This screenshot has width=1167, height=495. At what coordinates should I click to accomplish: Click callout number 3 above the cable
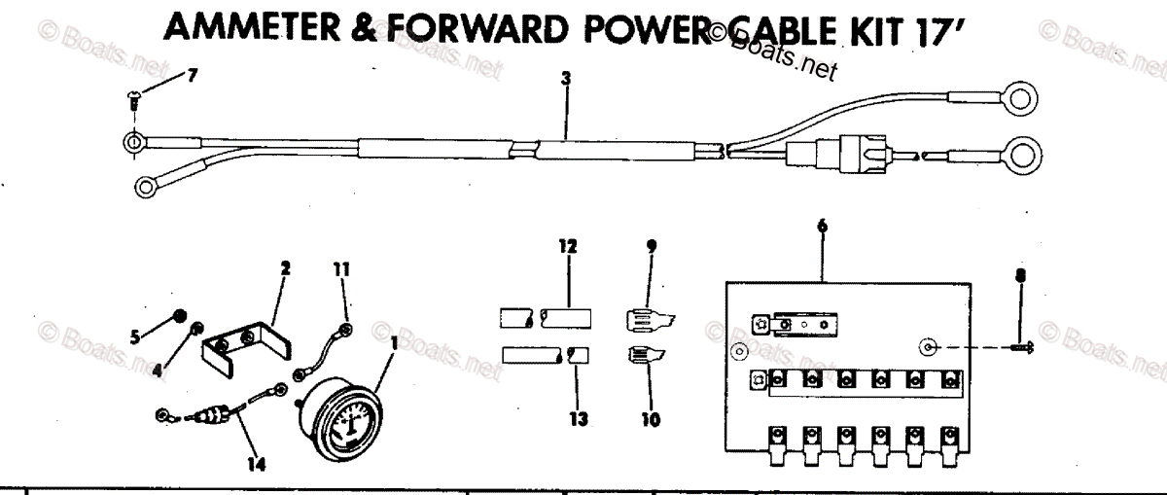click(565, 81)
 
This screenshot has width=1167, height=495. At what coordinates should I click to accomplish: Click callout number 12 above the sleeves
click(567, 247)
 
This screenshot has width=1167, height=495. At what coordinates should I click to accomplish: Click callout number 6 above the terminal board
click(823, 226)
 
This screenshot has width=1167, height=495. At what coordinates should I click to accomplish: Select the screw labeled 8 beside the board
click(1021, 348)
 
